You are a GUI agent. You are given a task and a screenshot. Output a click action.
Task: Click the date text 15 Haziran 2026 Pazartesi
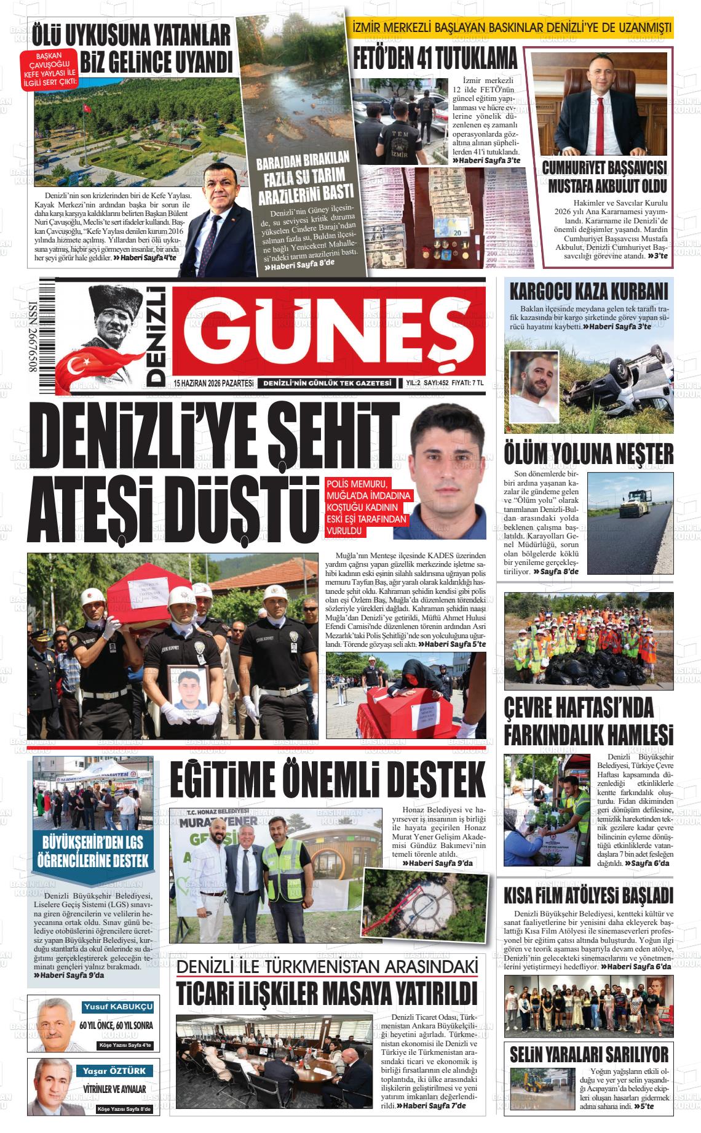coord(213,383)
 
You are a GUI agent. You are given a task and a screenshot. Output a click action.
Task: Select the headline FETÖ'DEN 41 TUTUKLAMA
coord(435,59)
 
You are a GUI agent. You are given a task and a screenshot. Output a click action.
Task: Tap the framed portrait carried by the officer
coord(188,691)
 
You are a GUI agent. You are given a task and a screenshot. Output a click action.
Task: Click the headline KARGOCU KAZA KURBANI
coord(588,290)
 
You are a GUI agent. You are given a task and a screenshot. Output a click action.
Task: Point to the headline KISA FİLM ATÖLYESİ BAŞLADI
coord(588,895)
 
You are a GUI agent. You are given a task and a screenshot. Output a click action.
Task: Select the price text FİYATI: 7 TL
coord(468,383)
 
